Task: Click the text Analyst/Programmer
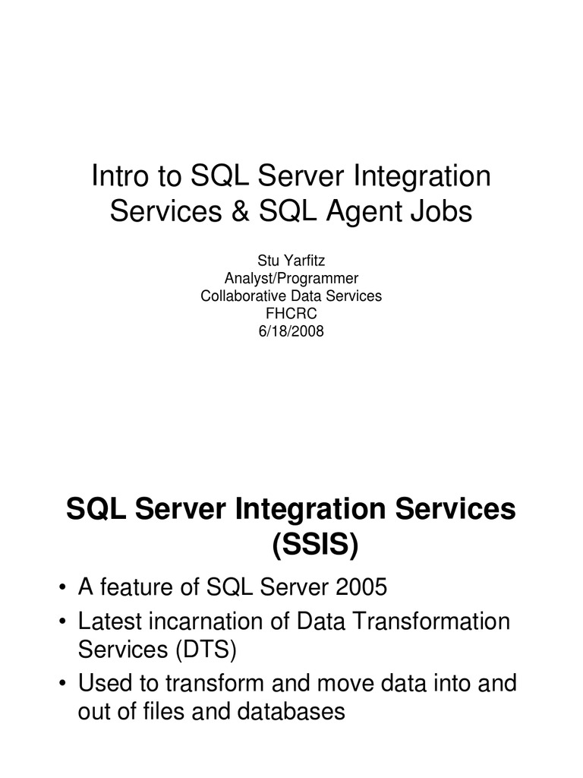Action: [291, 279]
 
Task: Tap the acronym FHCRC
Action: [291, 312]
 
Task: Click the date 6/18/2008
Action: [291, 330]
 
